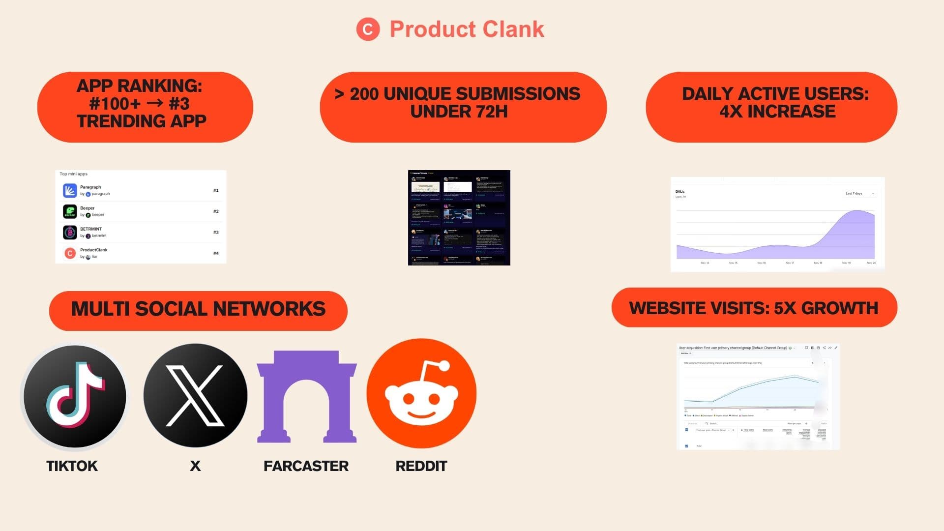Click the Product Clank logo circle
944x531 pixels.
[368, 29]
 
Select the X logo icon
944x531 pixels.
[195, 396]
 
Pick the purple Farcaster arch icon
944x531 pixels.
[307, 396]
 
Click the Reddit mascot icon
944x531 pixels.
[421, 393]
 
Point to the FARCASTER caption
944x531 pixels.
[306, 466]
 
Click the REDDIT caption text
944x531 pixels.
[421, 466]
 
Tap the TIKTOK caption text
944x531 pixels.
[72, 466]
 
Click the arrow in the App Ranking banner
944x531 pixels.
[154, 104]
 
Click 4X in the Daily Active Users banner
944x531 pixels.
[731, 112]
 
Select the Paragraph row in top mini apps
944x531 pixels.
[141, 190]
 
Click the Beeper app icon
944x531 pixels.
[70, 211]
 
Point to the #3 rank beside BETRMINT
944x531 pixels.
[216, 232]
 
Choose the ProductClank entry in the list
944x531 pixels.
[94, 253]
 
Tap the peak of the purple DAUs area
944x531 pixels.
[857, 211]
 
